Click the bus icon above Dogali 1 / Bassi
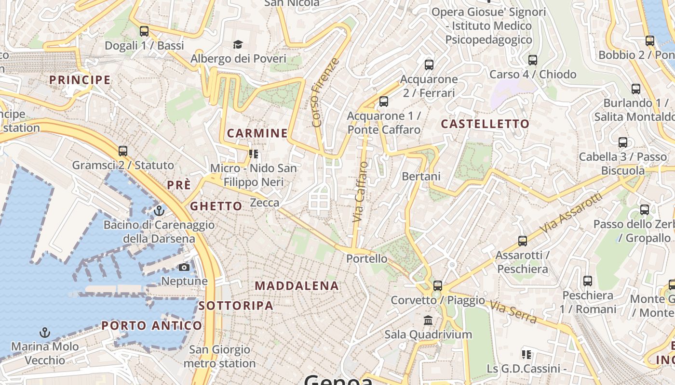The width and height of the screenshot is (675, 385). [x=144, y=31]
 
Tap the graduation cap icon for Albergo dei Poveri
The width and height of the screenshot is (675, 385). [x=238, y=45]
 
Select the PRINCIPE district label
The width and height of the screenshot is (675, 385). [x=80, y=80]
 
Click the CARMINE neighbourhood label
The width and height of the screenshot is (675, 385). [x=257, y=133]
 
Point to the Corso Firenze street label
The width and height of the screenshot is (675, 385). [x=325, y=93]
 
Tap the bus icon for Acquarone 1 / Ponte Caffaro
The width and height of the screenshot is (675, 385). [x=384, y=102]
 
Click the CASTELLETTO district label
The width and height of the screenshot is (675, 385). [x=485, y=124]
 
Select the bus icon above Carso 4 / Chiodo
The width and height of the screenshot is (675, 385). [x=532, y=60]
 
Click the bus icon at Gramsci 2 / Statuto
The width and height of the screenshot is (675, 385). [x=123, y=151]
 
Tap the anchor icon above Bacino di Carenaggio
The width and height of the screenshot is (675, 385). [x=159, y=211]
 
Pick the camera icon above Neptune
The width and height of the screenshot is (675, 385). [x=184, y=267]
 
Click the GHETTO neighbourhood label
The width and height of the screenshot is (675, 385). [x=216, y=206]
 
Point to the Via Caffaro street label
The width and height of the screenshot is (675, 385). [x=360, y=192]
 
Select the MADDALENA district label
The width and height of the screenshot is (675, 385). [x=297, y=285]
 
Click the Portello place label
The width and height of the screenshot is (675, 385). [x=366, y=258]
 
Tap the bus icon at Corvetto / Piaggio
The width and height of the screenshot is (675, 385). [x=437, y=286]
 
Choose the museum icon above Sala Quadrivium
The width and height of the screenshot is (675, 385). [x=428, y=320]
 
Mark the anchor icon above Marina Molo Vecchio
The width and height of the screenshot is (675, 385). [x=44, y=333]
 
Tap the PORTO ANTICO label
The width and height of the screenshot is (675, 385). [x=151, y=326]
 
